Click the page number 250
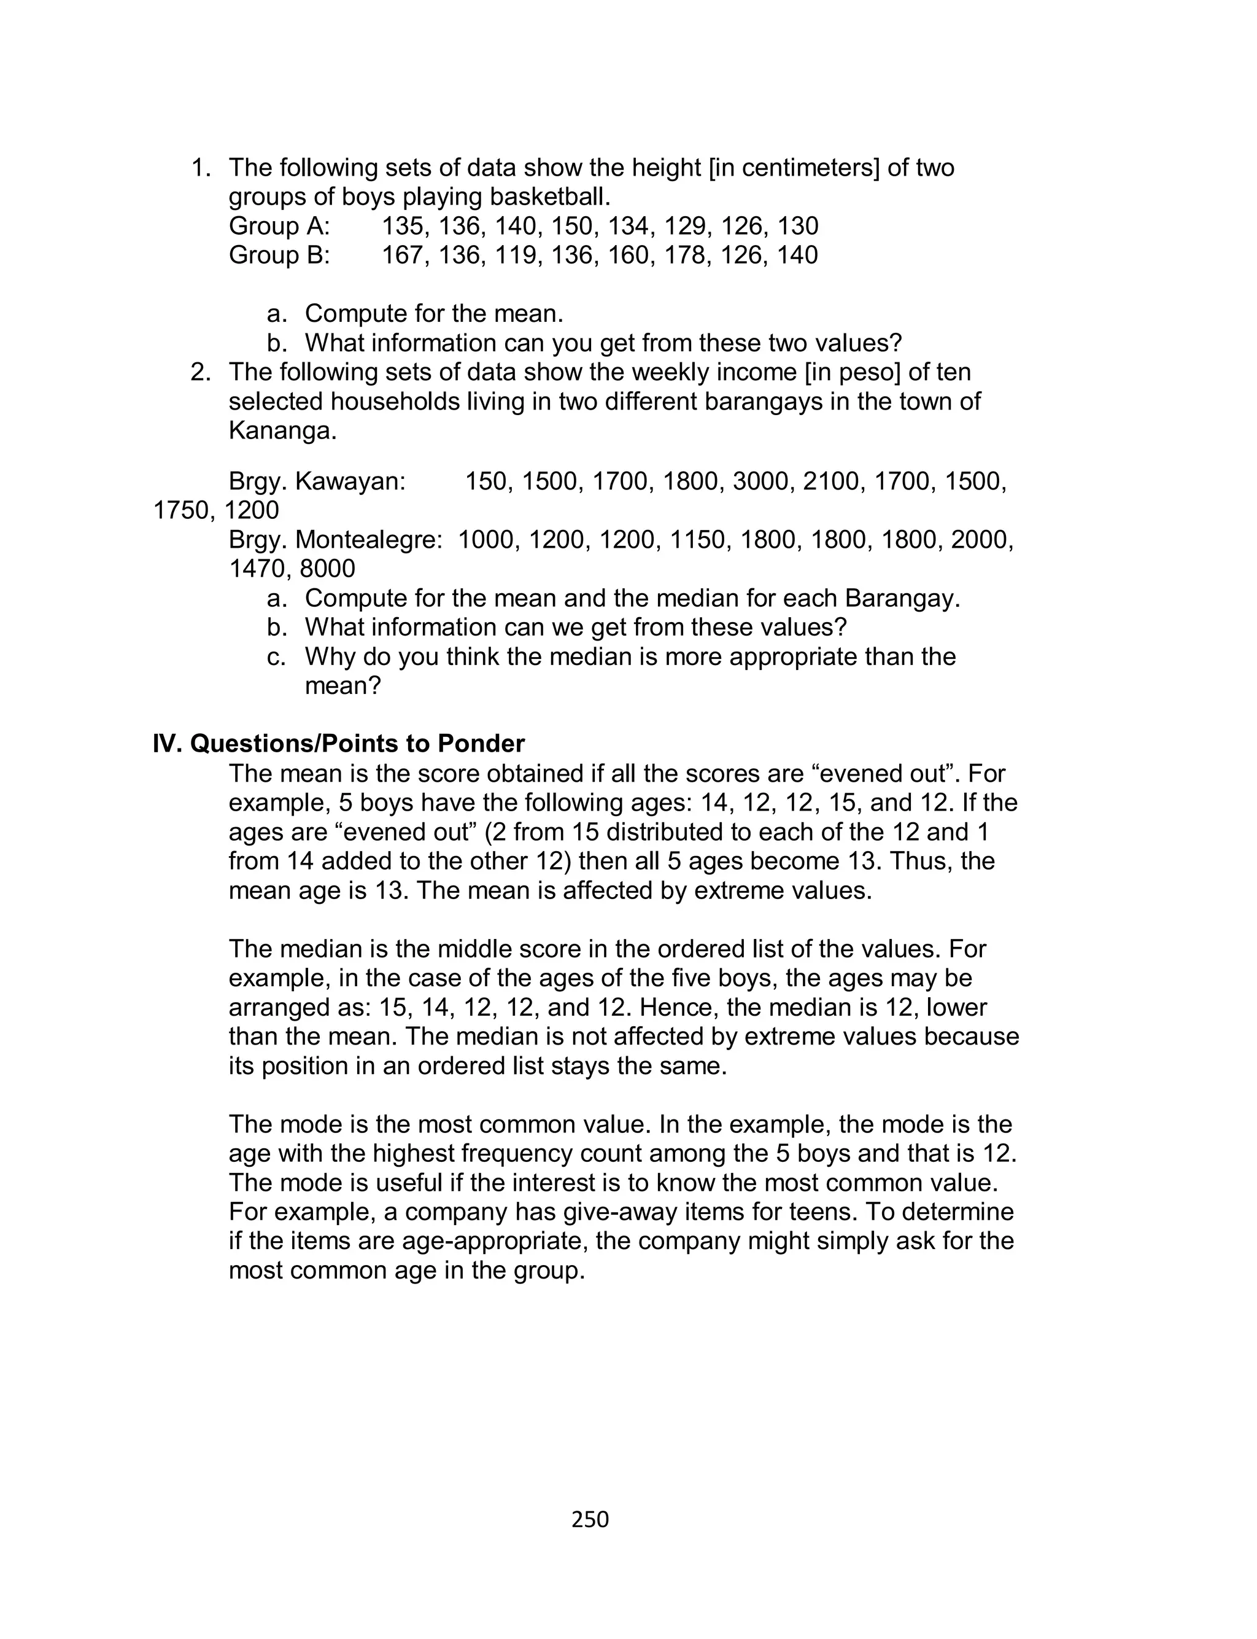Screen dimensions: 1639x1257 point(590,1519)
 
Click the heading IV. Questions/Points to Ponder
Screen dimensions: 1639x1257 point(339,744)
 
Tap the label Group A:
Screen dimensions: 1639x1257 point(279,226)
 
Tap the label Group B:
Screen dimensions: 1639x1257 point(279,255)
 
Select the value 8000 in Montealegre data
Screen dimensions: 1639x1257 point(327,569)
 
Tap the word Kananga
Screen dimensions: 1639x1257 point(282,431)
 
